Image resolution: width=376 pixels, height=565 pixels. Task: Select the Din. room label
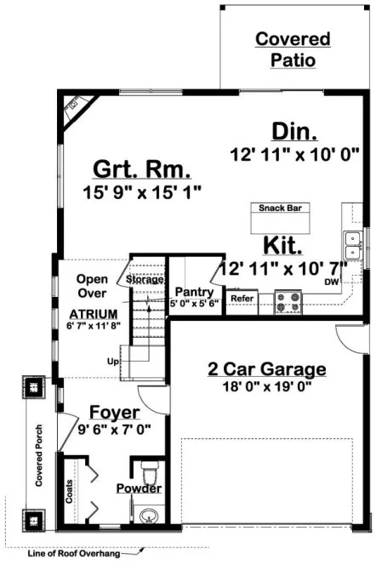[x=294, y=132]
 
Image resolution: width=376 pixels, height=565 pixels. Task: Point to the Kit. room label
[x=282, y=247]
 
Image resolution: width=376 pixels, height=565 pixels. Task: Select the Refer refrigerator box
[x=242, y=300]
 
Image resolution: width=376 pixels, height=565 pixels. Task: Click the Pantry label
[x=194, y=292]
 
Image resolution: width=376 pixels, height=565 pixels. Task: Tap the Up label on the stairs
[x=112, y=362]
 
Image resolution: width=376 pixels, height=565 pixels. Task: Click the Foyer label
[x=114, y=414]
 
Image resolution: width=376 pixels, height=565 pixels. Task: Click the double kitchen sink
[x=352, y=245]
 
